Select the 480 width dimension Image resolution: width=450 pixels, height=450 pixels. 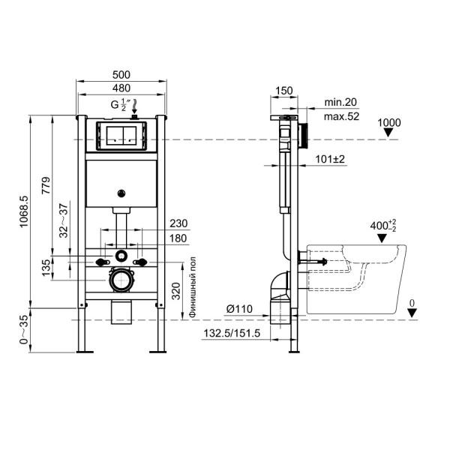click(121, 88)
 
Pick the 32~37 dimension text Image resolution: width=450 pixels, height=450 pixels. click(65, 220)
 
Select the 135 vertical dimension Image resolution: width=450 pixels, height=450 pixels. click(46, 266)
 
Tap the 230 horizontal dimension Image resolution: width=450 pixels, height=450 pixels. click(178, 223)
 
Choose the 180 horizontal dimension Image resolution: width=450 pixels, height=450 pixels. click(178, 238)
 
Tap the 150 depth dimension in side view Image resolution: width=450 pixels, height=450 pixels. click(284, 91)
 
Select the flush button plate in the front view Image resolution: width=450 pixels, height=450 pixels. click(121, 136)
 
